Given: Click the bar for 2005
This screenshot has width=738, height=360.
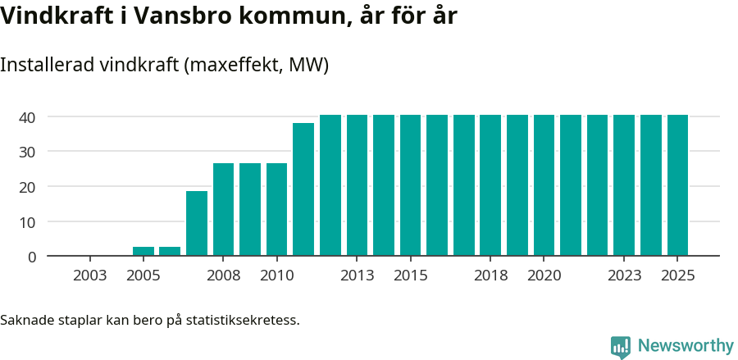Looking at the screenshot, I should (x=143, y=251).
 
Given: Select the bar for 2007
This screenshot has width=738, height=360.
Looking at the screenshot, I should (x=197, y=223).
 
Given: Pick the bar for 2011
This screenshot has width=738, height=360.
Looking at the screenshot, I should (x=303, y=189).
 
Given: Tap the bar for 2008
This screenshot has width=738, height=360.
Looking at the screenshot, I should (x=223, y=209).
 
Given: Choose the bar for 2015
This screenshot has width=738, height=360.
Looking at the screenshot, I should (x=410, y=185).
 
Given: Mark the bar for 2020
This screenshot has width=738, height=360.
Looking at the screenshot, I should (x=544, y=185).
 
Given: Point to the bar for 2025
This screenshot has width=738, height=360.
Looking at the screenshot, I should (x=677, y=185).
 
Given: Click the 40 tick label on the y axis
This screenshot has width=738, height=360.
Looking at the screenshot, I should (x=28, y=117).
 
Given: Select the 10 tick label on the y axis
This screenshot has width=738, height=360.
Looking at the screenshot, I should (x=28, y=221).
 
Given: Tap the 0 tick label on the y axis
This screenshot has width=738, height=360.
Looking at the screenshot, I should (x=32, y=257).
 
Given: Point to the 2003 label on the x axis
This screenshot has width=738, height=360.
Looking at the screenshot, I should (x=89, y=276).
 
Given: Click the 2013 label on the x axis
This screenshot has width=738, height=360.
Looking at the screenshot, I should (x=357, y=276).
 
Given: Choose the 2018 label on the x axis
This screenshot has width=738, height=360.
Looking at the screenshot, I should (x=490, y=276).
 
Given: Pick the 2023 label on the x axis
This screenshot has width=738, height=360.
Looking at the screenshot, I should (x=624, y=276).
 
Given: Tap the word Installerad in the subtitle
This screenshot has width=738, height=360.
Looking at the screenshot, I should (x=46, y=65).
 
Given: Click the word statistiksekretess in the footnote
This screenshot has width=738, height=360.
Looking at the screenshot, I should (x=243, y=319).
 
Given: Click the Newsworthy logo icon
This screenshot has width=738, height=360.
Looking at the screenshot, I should (x=621, y=346).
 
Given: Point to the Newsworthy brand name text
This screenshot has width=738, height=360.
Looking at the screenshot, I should (x=686, y=346).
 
